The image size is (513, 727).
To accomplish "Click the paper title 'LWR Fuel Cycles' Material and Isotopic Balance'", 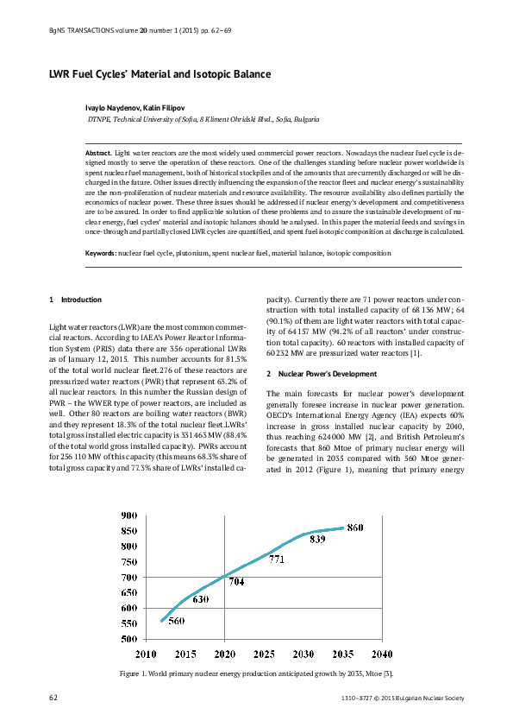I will tap(160, 75).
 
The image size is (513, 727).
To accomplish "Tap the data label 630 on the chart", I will tap(200, 598).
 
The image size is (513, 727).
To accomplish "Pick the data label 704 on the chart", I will tap(236, 582).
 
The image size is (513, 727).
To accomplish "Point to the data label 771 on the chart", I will tap(277, 559).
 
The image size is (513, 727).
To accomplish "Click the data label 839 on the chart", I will tap(317, 539).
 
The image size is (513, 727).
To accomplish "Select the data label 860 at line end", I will tap(355, 528).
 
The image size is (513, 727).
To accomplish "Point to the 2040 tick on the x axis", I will tap(383, 654).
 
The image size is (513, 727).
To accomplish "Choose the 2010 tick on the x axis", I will tap(145, 654).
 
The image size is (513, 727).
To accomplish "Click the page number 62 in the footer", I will tap(54, 696).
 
